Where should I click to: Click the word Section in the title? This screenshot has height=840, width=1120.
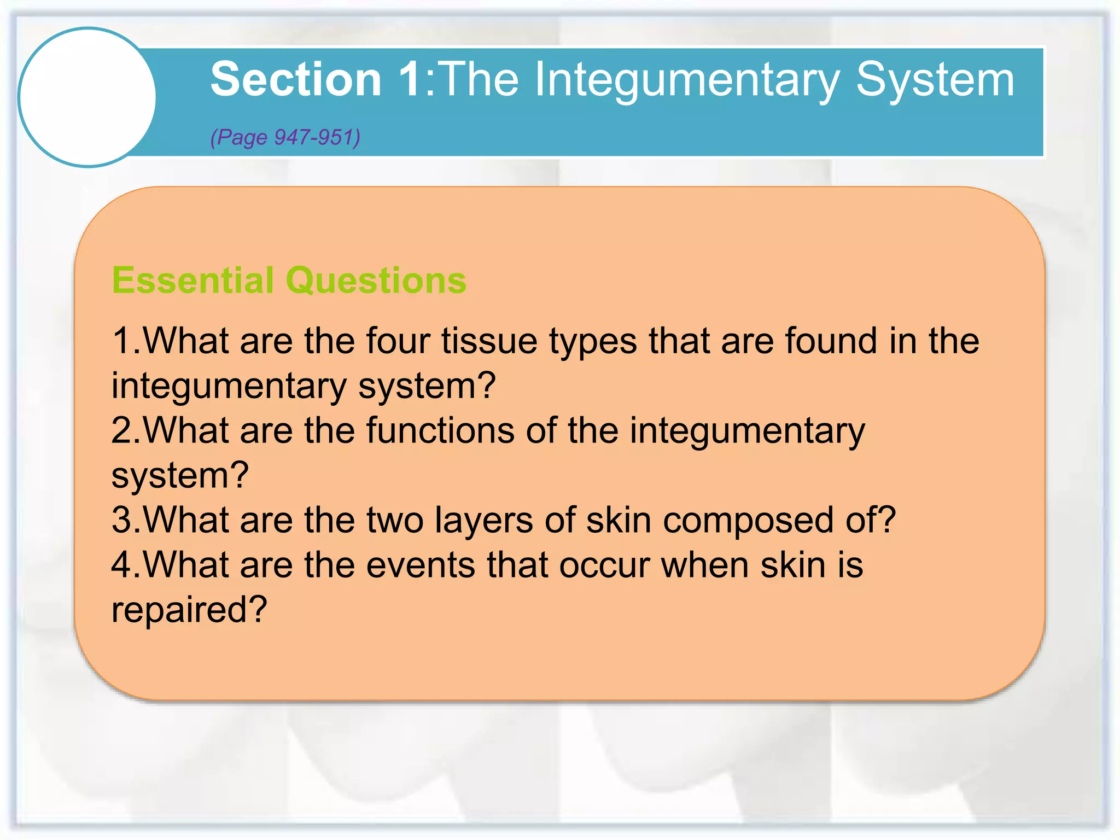(295, 80)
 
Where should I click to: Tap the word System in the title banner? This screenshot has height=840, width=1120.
(935, 80)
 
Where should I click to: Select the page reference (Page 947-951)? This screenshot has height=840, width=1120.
(285, 137)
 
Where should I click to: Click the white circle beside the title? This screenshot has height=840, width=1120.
(87, 97)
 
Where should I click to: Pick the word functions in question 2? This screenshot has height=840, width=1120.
(440, 430)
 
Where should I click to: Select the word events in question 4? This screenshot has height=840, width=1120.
(421, 565)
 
